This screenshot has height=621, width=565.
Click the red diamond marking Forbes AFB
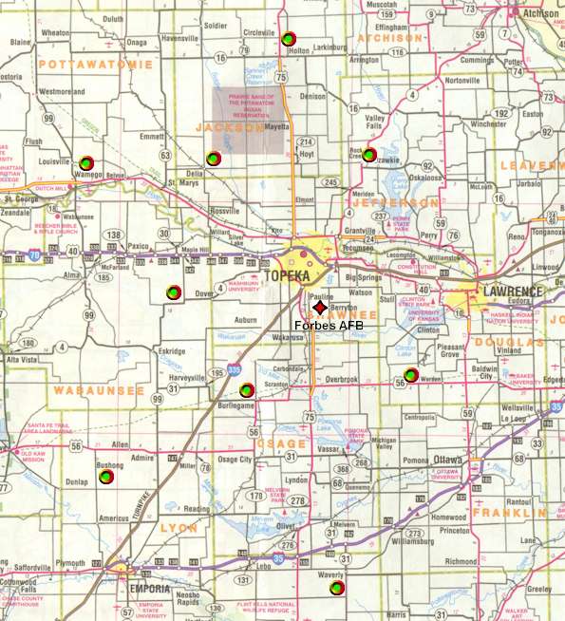pos(319,310)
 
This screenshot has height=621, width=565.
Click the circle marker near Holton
pos(288,39)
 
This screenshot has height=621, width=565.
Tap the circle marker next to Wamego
pos(86,162)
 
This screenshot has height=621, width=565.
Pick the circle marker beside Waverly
pos(336,589)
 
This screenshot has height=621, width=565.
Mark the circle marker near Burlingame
pos(247,389)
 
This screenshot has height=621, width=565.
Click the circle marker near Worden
pos(410,375)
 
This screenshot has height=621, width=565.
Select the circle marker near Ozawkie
pos(369,155)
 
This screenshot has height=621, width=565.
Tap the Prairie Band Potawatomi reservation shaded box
pos(247,121)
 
